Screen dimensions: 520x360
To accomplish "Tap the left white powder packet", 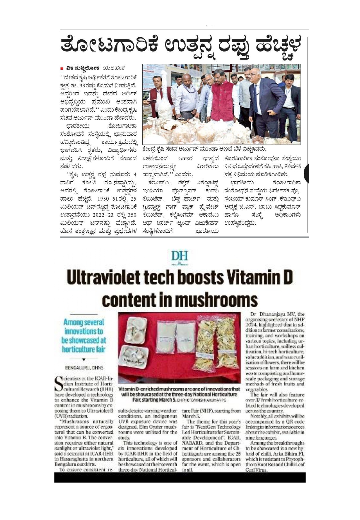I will coord(166,340).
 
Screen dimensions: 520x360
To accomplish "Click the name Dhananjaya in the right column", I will coord(273,315).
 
